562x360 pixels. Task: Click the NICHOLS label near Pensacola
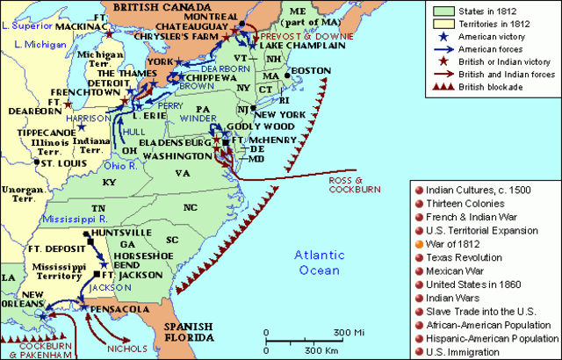tap(126, 349)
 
